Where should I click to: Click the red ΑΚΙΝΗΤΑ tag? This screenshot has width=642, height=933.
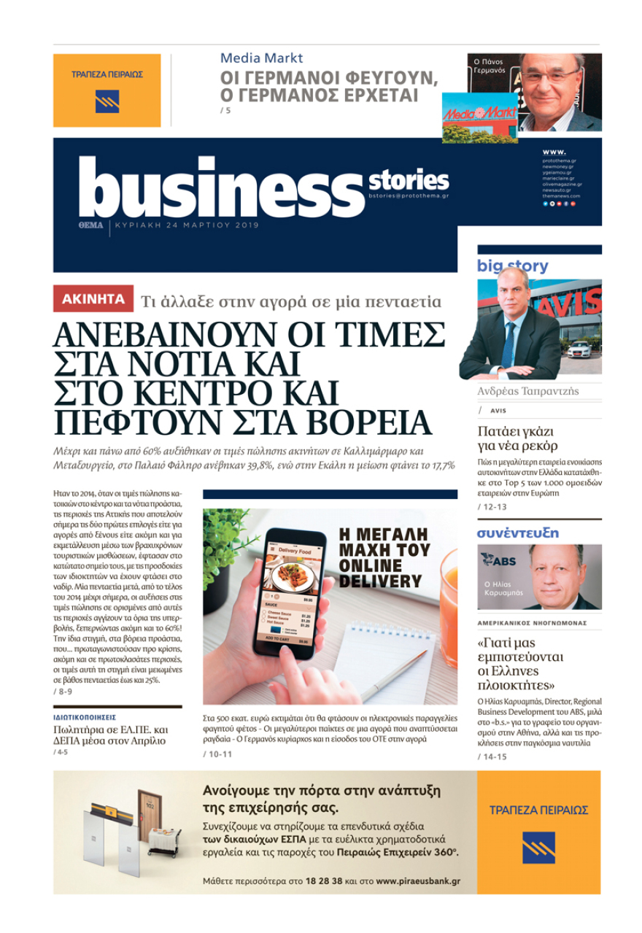tap(93, 299)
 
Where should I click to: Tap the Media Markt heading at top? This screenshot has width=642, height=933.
tap(261, 58)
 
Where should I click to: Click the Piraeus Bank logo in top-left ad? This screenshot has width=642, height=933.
tap(107, 101)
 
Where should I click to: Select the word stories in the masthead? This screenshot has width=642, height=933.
tap(409, 179)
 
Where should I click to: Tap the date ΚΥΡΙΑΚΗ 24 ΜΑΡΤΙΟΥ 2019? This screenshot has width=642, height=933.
tap(187, 225)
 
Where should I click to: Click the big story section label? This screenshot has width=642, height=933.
tap(513, 266)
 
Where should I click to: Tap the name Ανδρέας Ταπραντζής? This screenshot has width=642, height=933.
tap(528, 391)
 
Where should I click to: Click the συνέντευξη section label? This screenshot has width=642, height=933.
tap(518, 533)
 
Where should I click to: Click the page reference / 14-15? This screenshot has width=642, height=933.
tap(493, 756)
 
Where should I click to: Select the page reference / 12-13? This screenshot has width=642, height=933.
tap(493, 506)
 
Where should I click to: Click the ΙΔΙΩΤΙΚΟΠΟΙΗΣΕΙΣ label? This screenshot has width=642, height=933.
tap(85, 717)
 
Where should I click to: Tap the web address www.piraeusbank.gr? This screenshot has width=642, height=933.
tap(418, 881)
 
